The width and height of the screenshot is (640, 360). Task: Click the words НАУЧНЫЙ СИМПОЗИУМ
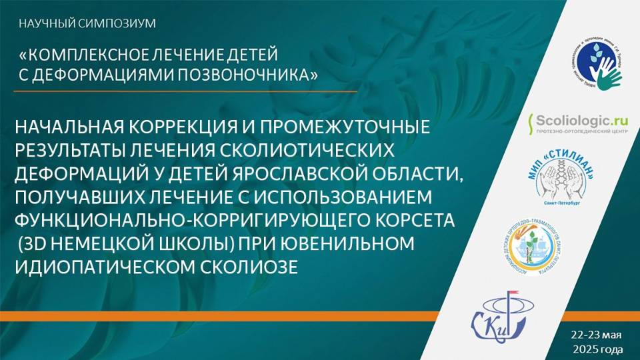[87, 24]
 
